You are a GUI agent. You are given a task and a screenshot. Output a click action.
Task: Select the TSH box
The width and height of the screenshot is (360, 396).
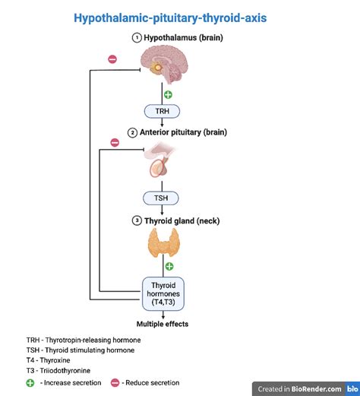[x=162, y=198]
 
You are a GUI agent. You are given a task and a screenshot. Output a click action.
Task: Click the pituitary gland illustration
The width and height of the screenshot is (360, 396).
[x=162, y=162]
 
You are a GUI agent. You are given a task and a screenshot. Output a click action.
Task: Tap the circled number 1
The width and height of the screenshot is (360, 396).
[x=137, y=36]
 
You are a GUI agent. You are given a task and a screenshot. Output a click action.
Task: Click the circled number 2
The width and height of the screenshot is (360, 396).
[x=132, y=132]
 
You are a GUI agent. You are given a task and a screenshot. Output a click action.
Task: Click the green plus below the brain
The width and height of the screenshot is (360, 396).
[x=168, y=94]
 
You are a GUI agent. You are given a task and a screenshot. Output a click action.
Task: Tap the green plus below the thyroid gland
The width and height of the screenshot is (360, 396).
[x=169, y=266]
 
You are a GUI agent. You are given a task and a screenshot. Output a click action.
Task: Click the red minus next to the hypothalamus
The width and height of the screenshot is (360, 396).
[x=112, y=59]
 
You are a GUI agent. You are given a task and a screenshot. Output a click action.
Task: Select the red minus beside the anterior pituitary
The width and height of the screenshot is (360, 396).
[x=115, y=142]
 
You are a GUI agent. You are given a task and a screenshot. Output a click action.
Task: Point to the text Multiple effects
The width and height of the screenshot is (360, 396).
[x=163, y=324]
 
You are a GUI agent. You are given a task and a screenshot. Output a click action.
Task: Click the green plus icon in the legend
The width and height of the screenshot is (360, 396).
[x=30, y=383]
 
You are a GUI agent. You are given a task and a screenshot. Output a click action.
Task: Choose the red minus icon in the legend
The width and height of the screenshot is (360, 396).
[x=116, y=383]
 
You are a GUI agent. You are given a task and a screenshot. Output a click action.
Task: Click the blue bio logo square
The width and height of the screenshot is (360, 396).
[x=352, y=388]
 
